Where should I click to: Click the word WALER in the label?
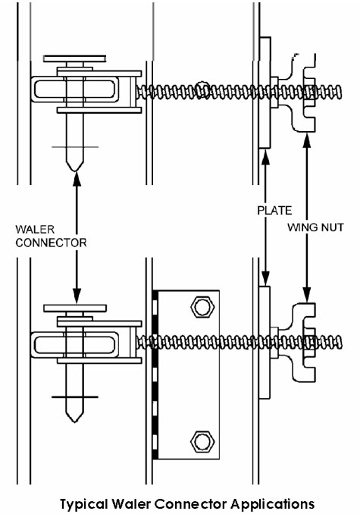(35, 229)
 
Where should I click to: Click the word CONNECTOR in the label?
(51, 243)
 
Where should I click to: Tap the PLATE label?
(274, 211)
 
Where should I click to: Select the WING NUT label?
(315, 227)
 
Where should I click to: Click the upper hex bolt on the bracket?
(202, 307)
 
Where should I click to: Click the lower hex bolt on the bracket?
(202, 441)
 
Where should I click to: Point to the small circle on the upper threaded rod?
(203, 89)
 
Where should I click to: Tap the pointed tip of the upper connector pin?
(75, 171)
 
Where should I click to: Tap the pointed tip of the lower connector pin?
(75, 422)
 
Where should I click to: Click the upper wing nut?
(303, 93)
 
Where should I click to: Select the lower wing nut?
(303, 343)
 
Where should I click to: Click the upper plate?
(265, 92)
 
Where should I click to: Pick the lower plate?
(265, 343)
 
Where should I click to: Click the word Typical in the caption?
(83, 504)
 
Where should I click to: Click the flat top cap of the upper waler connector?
(75, 58)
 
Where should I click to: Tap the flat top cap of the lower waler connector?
(75, 308)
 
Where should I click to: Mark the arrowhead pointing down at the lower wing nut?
(307, 294)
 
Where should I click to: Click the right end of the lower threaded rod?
(341, 343)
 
